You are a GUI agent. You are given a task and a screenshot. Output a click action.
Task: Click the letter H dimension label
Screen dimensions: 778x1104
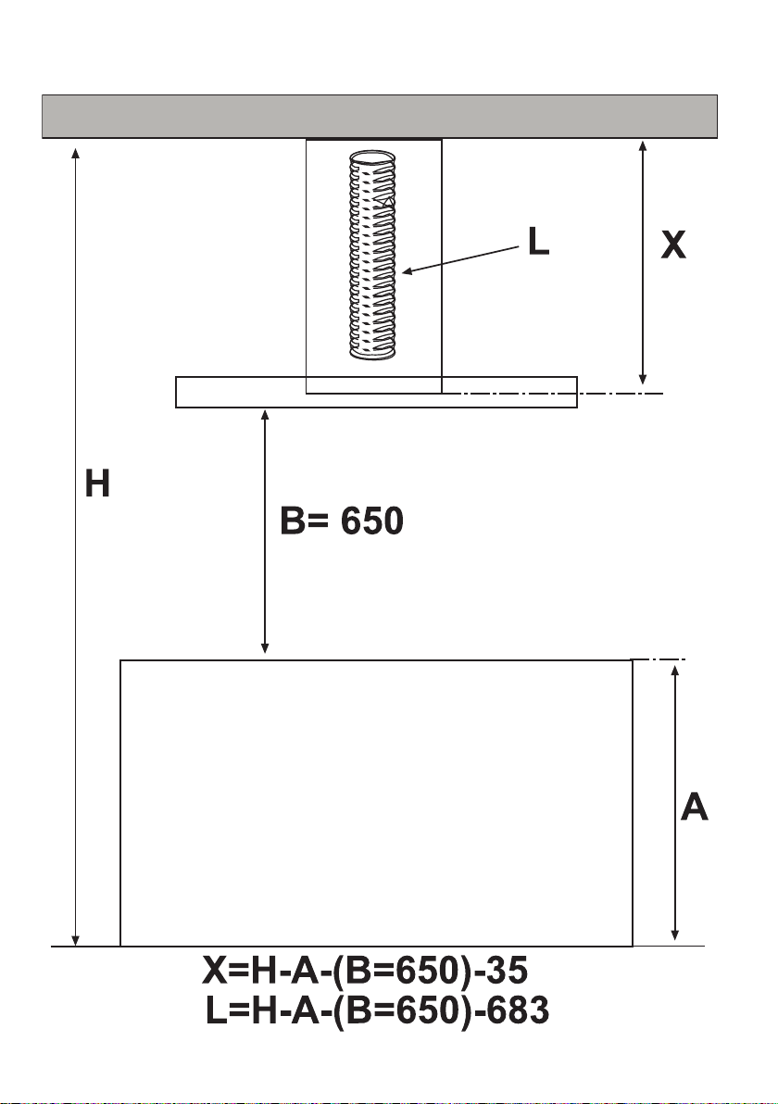tap(97, 483)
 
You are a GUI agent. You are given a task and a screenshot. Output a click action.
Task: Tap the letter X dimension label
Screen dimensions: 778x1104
tap(673, 245)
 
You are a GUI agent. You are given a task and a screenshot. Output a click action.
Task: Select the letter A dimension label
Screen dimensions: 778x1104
tap(695, 807)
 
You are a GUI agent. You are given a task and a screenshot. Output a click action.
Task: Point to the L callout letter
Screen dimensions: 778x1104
tap(539, 242)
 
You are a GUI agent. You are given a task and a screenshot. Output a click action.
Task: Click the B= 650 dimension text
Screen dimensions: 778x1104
tap(342, 521)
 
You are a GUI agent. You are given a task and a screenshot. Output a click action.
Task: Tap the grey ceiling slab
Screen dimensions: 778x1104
tap(380, 116)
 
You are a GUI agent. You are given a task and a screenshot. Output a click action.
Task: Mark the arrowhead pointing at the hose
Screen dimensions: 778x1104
tap(407, 271)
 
